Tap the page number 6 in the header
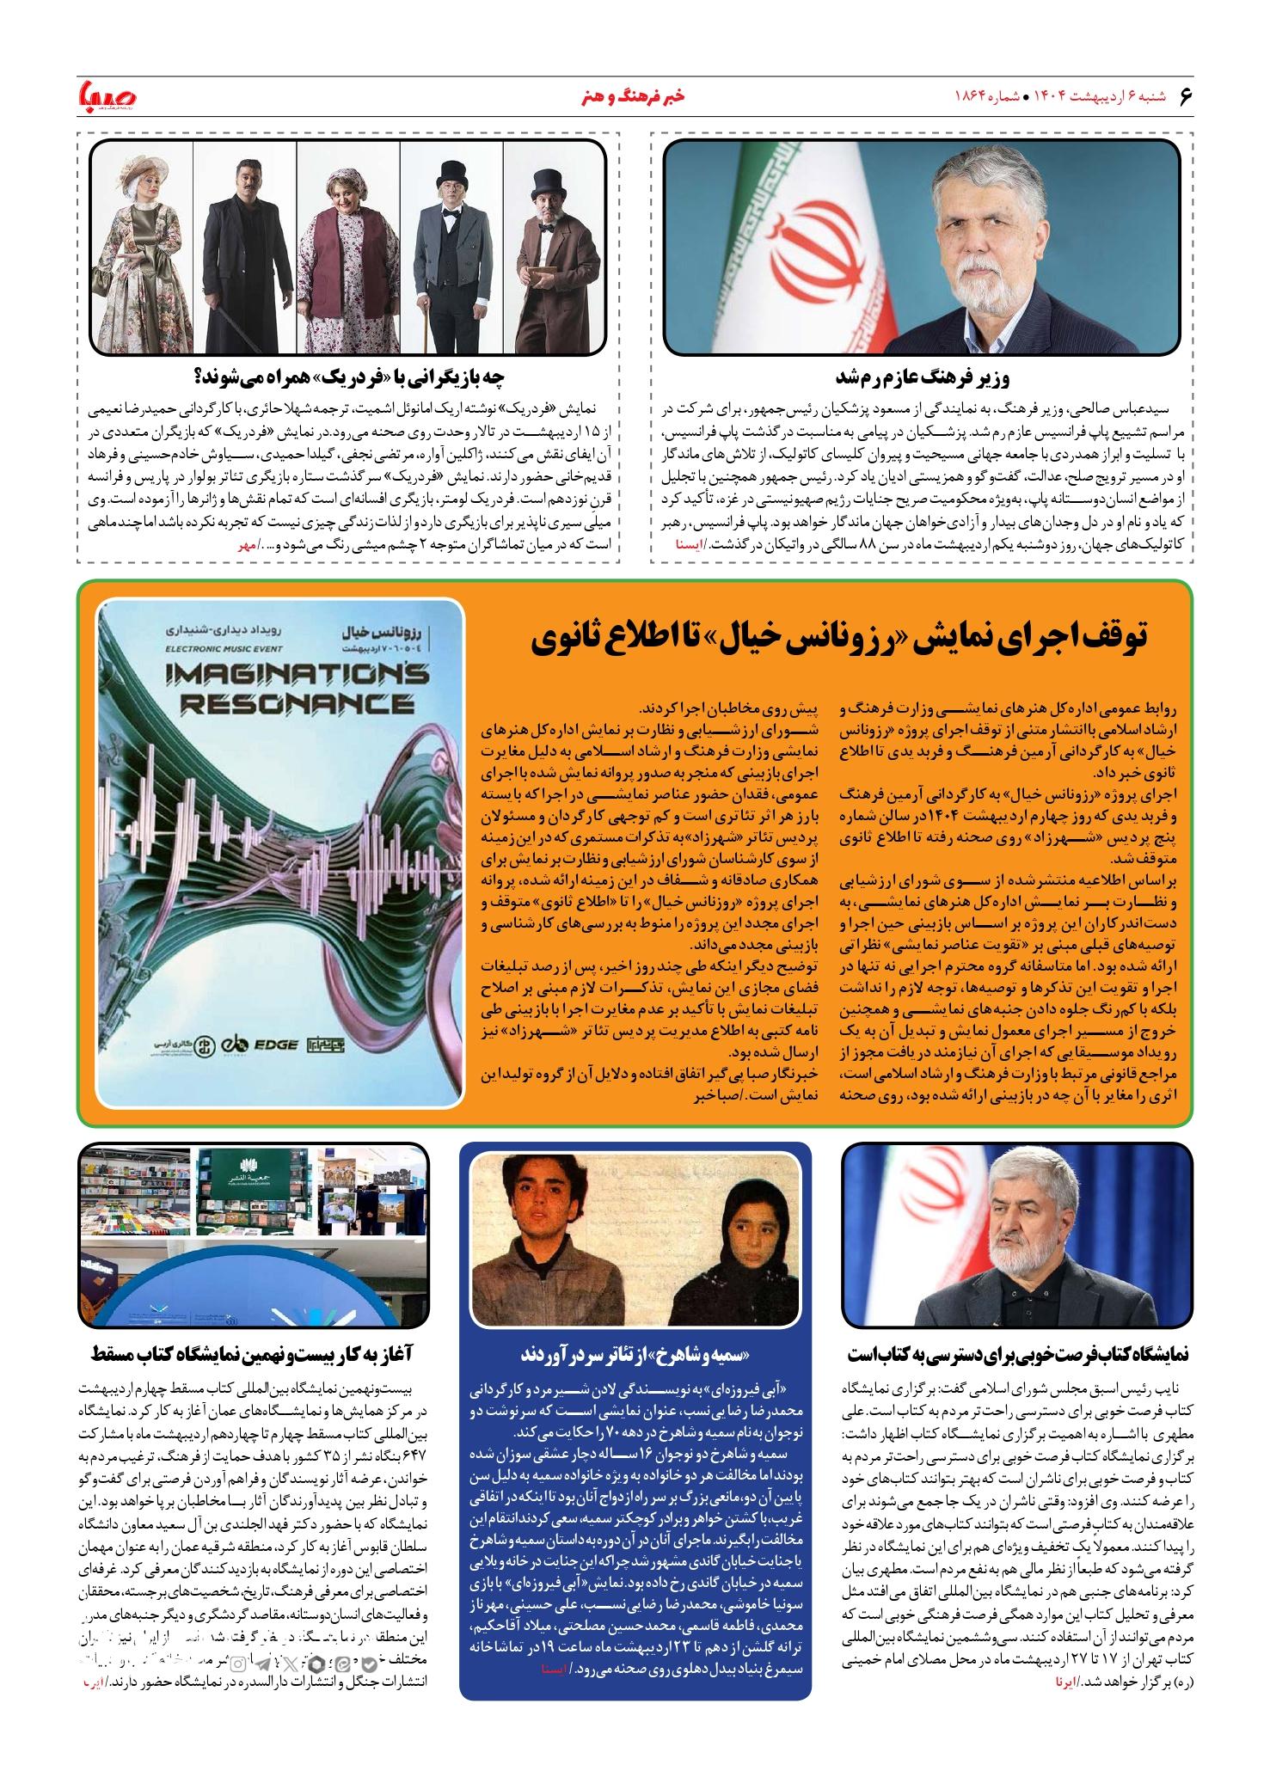pyautogui.click(x=1187, y=95)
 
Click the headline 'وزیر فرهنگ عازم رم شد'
pyautogui.click(x=924, y=378)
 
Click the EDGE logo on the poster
pyautogui.click(x=275, y=1045)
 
